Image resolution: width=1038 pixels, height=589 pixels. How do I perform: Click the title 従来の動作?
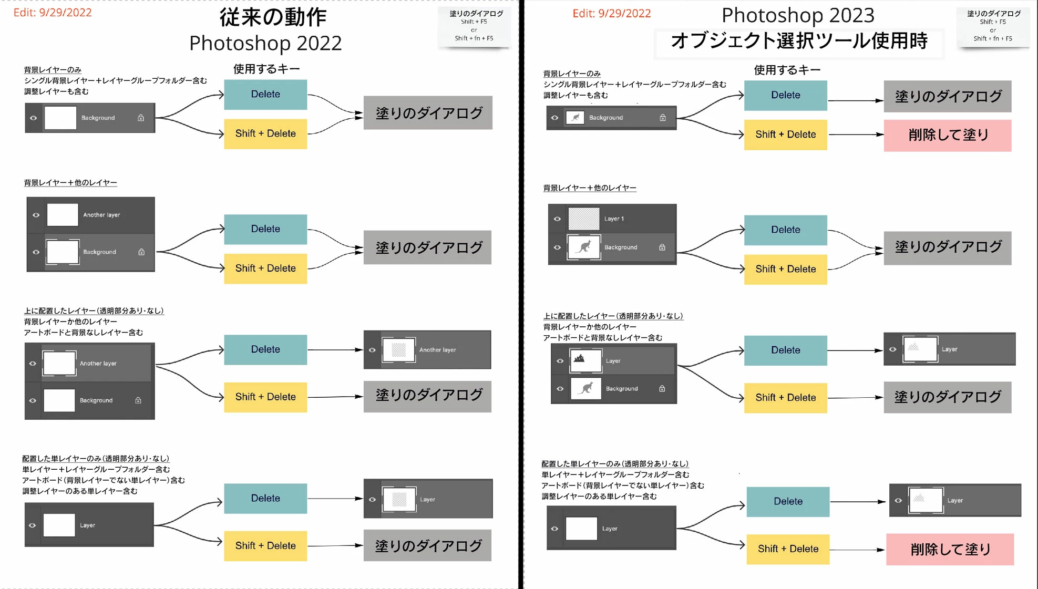[273, 17]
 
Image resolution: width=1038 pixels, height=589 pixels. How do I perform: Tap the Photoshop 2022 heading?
[265, 43]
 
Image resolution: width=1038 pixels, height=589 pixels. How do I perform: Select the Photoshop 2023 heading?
[798, 15]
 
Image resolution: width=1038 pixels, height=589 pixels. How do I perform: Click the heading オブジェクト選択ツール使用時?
[799, 40]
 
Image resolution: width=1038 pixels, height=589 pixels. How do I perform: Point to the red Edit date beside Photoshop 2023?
[612, 14]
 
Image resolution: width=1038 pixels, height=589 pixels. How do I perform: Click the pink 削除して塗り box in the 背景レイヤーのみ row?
[948, 136]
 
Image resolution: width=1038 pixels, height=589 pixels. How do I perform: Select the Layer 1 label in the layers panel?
[614, 219]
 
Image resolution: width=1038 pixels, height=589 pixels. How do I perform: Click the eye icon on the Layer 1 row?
[557, 219]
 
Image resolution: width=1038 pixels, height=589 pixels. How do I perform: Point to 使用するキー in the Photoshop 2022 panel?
[266, 69]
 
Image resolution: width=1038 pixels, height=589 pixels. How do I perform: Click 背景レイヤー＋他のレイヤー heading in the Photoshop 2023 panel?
[590, 188]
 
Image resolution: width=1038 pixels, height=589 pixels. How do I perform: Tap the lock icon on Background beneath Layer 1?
[662, 247]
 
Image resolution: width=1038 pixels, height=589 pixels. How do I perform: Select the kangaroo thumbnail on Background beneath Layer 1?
[584, 247]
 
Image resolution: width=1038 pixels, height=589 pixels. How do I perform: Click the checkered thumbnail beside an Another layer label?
[399, 350]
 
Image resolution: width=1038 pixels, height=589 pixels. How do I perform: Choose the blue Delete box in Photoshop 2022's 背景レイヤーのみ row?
[265, 95]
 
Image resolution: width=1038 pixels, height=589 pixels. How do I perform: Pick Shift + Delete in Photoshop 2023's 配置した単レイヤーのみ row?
[788, 549]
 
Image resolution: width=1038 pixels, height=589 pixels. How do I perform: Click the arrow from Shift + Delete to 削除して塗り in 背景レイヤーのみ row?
[856, 135]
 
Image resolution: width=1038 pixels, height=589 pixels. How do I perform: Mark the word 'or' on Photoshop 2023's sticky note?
[993, 30]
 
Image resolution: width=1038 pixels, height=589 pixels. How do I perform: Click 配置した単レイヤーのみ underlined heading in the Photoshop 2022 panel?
[96, 459]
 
